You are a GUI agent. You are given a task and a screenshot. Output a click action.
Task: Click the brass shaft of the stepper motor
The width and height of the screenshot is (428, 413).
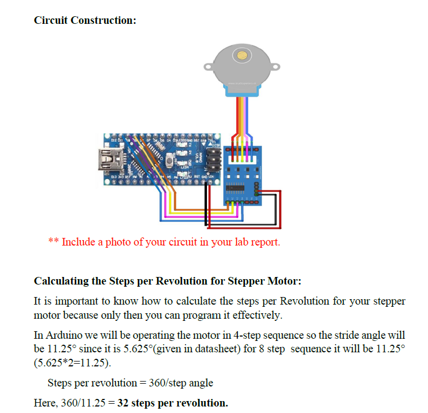[242, 55]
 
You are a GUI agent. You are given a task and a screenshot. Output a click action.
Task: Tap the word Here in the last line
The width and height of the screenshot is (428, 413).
[44, 403]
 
